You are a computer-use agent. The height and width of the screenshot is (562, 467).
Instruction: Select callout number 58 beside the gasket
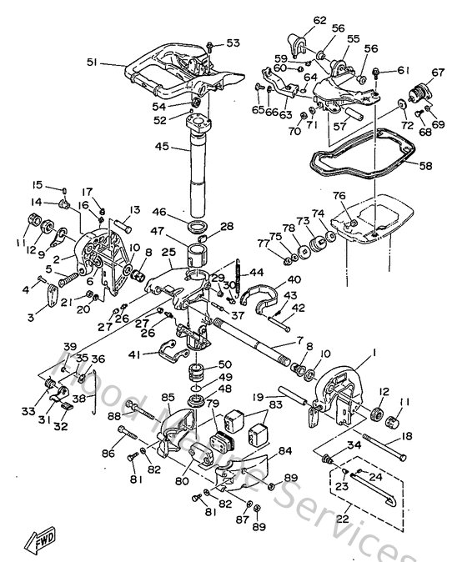425,166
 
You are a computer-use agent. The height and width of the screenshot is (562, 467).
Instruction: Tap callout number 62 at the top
297,19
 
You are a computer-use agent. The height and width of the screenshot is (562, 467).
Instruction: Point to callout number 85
167,397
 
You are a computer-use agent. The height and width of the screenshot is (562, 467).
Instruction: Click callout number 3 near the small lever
33,317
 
